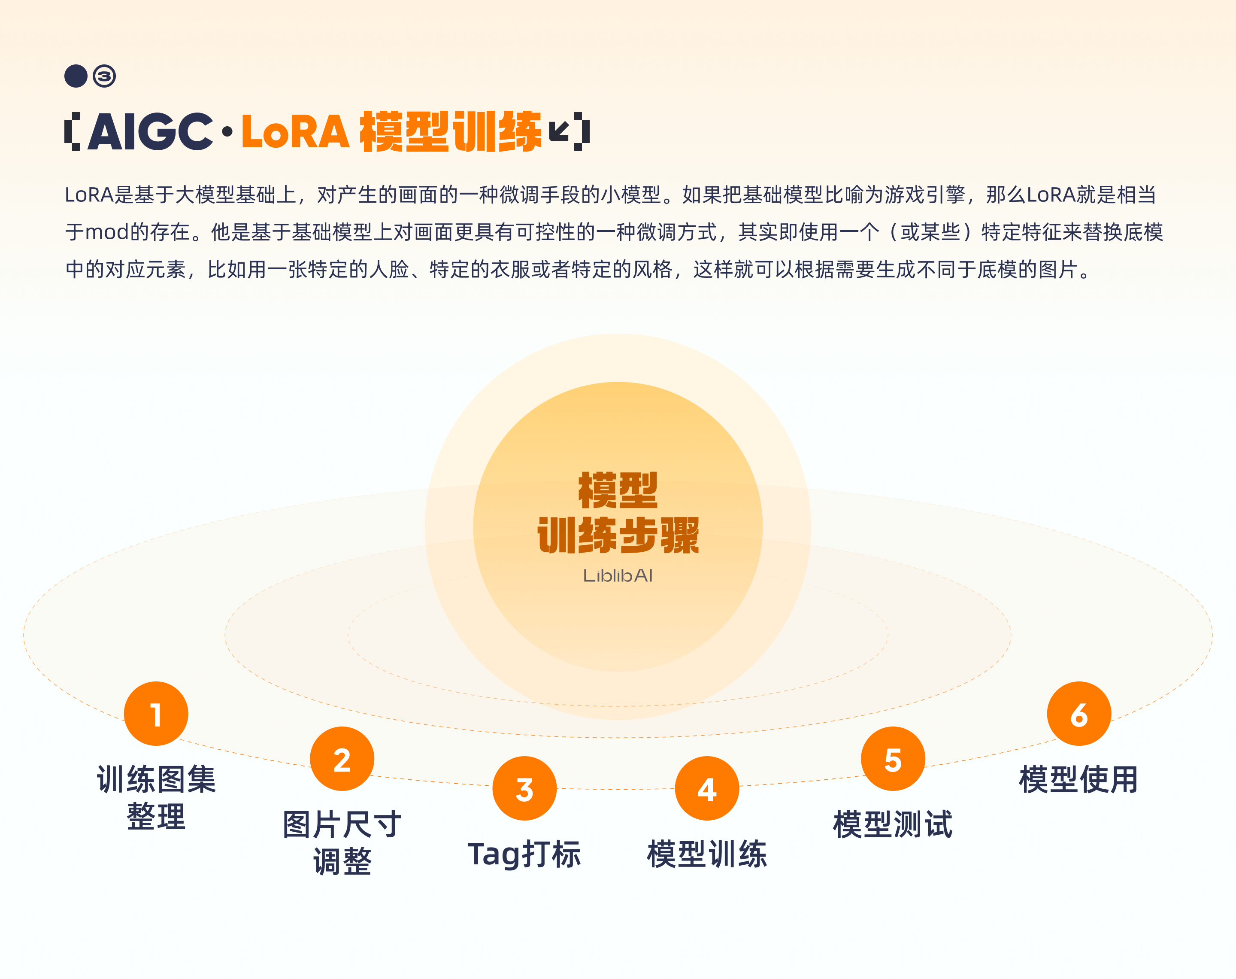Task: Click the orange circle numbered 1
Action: point(156,714)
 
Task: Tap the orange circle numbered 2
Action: point(342,759)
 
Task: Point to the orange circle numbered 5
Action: point(893,759)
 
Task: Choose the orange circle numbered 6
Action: point(1079,714)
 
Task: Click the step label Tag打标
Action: point(524,854)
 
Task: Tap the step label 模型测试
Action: point(893,824)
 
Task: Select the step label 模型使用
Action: point(1078,779)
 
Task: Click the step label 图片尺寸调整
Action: point(342,842)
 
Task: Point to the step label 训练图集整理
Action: point(156,797)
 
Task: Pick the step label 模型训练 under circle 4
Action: point(707,854)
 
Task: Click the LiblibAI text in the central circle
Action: point(618,575)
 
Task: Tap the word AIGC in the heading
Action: point(150,132)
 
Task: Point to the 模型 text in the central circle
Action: point(618,491)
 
